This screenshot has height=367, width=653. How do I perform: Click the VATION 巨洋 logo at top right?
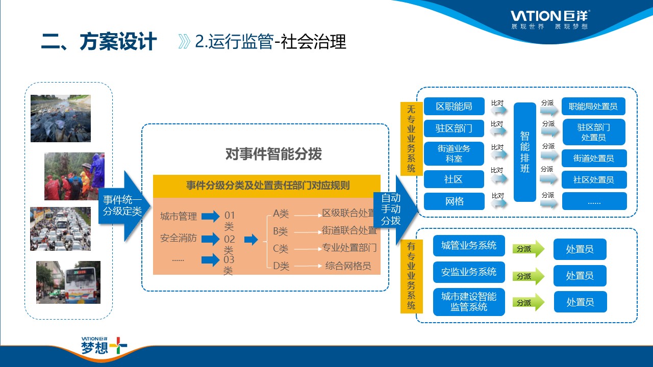click(550, 18)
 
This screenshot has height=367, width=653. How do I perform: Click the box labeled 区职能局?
click(454, 107)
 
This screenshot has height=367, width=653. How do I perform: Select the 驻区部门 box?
click(454, 128)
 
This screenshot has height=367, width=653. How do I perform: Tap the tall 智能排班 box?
click(525, 152)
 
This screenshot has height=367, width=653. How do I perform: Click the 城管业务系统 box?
click(468, 246)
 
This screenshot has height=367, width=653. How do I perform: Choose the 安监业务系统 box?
click(468, 272)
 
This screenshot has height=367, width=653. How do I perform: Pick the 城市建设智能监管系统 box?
click(468, 302)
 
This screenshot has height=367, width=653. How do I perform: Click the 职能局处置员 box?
click(593, 107)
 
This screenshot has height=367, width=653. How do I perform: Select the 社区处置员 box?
click(593, 179)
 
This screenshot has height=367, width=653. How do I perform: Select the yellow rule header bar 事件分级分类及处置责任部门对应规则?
click(267, 186)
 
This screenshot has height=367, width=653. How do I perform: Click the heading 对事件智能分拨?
click(273, 154)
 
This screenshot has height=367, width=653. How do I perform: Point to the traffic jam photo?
click(60, 228)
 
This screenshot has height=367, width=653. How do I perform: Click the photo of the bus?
click(68, 282)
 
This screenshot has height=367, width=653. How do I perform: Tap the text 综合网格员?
click(348, 266)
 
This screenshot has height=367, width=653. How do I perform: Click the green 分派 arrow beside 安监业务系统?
click(528, 276)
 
